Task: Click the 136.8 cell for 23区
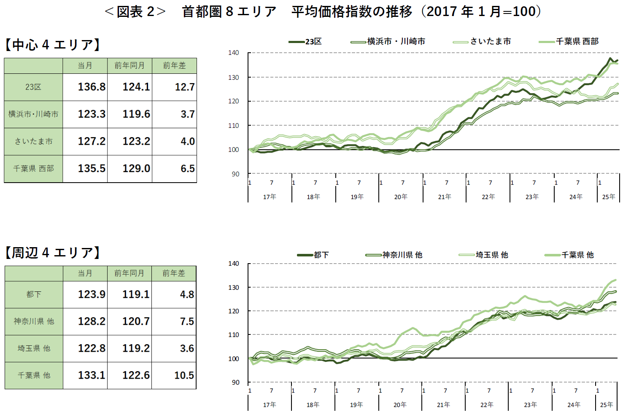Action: tap(92, 87)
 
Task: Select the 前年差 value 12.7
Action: tap(185, 87)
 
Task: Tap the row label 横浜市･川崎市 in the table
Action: tap(33, 114)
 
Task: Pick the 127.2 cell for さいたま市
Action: tap(92, 141)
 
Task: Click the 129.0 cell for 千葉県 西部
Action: tap(136, 169)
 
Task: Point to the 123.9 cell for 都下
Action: tap(92, 294)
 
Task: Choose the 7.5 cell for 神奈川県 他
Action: tap(187, 321)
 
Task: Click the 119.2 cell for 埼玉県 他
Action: tap(136, 348)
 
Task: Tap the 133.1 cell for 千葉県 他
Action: tap(92, 375)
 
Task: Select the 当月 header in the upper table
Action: tap(85, 66)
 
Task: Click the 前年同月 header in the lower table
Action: tap(129, 273)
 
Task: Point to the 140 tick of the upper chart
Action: tap(233, 53)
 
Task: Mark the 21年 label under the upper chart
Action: tap(444, 197)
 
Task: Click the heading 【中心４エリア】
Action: tap(52, 45)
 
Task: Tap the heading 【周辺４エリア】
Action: tap(52, 253)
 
